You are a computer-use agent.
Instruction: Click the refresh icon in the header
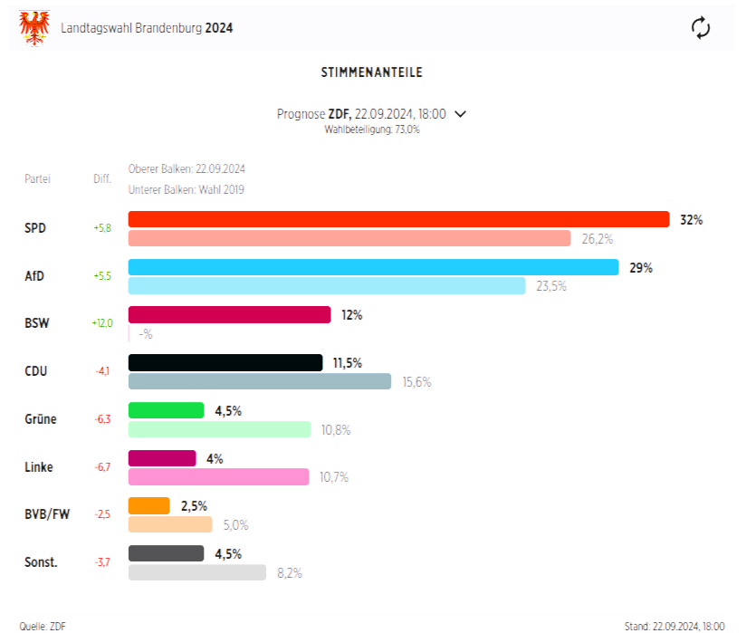700,27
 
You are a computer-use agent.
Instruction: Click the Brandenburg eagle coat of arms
34,27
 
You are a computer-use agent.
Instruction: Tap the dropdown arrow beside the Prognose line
460,114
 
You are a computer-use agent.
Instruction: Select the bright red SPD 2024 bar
398,219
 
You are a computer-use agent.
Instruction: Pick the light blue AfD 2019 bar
326,286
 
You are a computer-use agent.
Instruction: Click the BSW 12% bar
229,314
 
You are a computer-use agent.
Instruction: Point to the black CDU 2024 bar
225,362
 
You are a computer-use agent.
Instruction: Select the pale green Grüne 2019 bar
219,429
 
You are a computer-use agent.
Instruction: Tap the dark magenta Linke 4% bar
162,458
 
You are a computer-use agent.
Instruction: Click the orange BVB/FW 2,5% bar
148,506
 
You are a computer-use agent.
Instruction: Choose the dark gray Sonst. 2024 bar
166,553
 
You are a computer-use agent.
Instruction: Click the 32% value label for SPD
691,220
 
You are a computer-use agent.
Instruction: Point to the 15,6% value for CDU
416,382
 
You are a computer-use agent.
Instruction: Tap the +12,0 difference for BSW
101,323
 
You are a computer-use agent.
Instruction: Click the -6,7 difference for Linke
101,467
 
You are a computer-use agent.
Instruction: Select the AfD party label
34,276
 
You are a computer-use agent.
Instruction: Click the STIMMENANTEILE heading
371,72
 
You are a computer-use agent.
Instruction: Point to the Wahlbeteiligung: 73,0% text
371,129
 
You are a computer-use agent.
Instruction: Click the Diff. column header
101,179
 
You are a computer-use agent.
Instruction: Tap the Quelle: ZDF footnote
43,626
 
